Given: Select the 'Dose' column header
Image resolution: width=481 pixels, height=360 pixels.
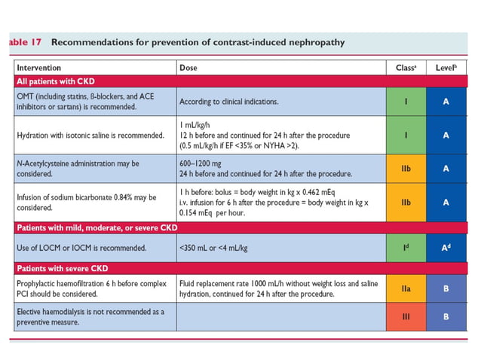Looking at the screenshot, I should coord(188,68).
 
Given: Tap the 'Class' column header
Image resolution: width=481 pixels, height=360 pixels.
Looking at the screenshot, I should coord(406,68).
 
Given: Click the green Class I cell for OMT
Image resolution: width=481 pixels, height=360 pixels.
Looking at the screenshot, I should coord(406,102).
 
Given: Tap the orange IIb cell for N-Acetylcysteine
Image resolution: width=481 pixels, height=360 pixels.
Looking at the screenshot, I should coord(406,170).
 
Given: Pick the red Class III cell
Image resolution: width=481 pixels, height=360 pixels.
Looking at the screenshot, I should coord(406,316).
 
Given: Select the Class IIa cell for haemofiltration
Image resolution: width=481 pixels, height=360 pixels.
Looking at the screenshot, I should coord(406,288).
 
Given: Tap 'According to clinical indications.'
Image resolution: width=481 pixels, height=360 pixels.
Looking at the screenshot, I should coord(228,102).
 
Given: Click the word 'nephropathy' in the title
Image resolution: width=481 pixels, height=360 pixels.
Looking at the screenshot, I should coord(311,42).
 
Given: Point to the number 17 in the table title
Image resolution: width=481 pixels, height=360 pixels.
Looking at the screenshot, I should coord(37,42).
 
